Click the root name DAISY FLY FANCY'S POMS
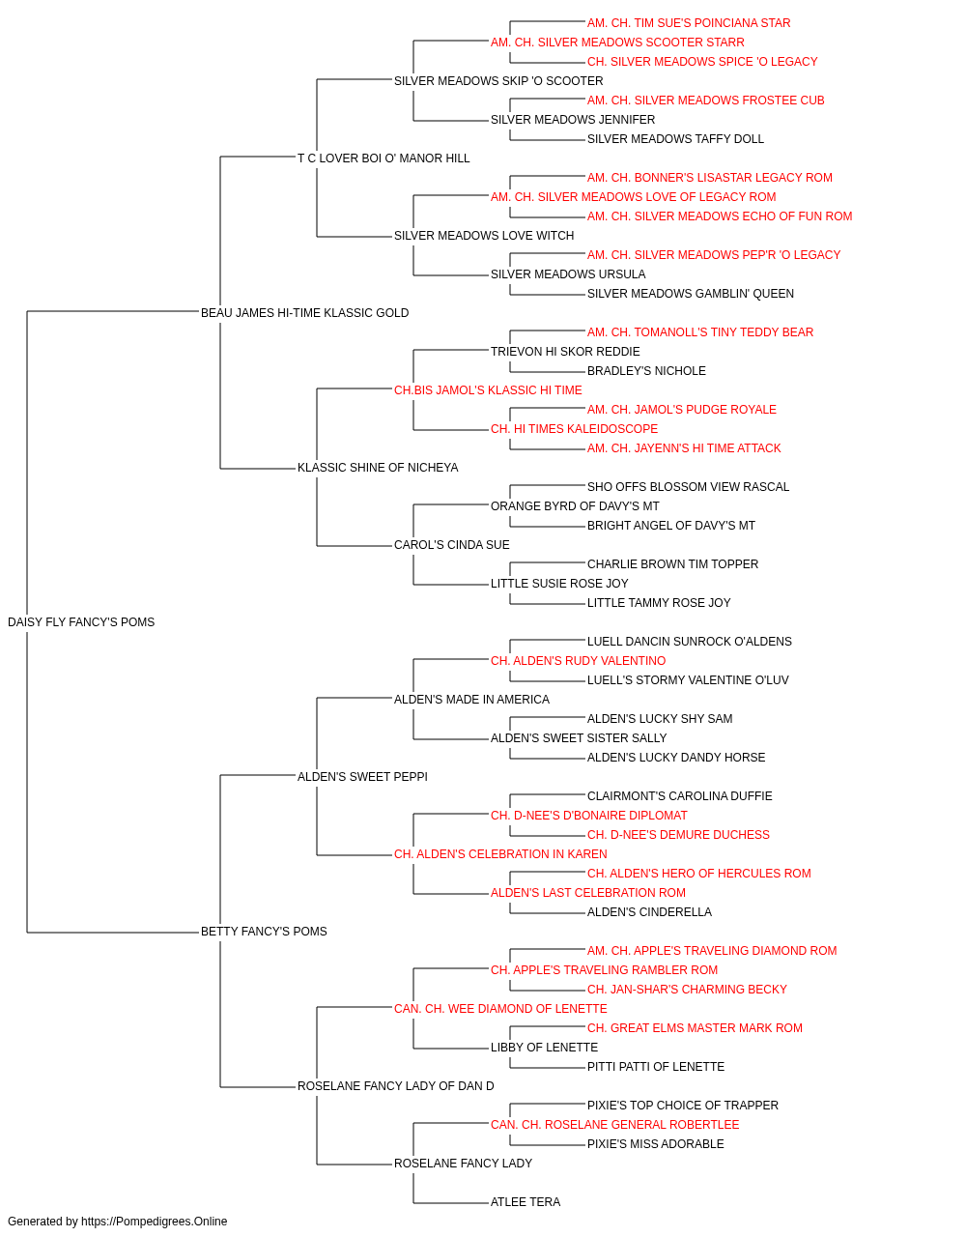(x=81, y=622)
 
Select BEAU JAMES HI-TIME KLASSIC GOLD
(x=304, y=313)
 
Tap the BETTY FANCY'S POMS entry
(x=264, y=932)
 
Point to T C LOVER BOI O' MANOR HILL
(x=384, y=158)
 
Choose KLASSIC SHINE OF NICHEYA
(x=377, y=468)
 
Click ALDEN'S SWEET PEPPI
(x=362, y=776)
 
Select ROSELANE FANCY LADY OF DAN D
(x=395, y=1085)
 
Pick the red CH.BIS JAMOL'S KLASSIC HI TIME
(x=488, y=389)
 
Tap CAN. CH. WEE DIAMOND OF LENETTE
(x=500, y=1008)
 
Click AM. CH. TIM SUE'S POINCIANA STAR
(x=689, y=23)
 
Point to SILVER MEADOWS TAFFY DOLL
(x=675, y=139)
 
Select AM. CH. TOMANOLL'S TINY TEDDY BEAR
(x=699, y=331)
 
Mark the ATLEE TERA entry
(x=526, y=1201)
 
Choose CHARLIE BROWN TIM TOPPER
(x=672, y=564)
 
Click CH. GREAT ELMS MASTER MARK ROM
(x=695, y=1027)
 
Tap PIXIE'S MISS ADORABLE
(x=655, y=1143)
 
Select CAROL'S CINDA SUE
(x=452, y=545)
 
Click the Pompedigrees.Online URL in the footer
(x=154, y=1222)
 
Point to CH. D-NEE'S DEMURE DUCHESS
(x=678, y=835)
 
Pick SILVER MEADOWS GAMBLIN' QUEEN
(x=690, y=293)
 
